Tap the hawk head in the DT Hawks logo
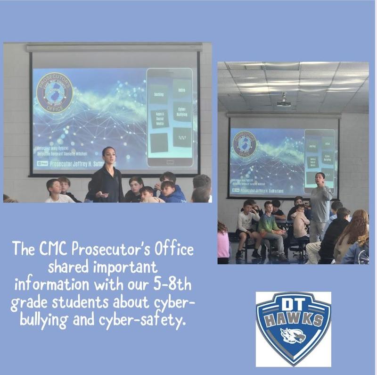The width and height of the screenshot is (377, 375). point(293,335)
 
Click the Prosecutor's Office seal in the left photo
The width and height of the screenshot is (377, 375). point(55,92)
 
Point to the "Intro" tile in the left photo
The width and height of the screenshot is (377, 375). point(182,88)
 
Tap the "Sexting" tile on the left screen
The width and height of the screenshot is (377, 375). point(159,94)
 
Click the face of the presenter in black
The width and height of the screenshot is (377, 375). point(108,154)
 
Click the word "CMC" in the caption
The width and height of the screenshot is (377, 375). point(50,250)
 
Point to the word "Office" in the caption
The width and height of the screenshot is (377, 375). point(169,250)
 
